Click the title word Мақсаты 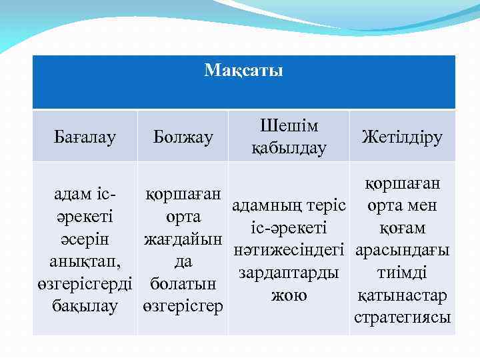243,70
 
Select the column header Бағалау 84,137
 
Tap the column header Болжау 183,137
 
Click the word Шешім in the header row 289,126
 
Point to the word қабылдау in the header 289,148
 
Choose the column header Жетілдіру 401,137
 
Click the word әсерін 84,239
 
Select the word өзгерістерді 84,284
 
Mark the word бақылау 84,306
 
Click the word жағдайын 183,239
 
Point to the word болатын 183,284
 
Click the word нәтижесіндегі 289,251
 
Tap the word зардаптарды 289,273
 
